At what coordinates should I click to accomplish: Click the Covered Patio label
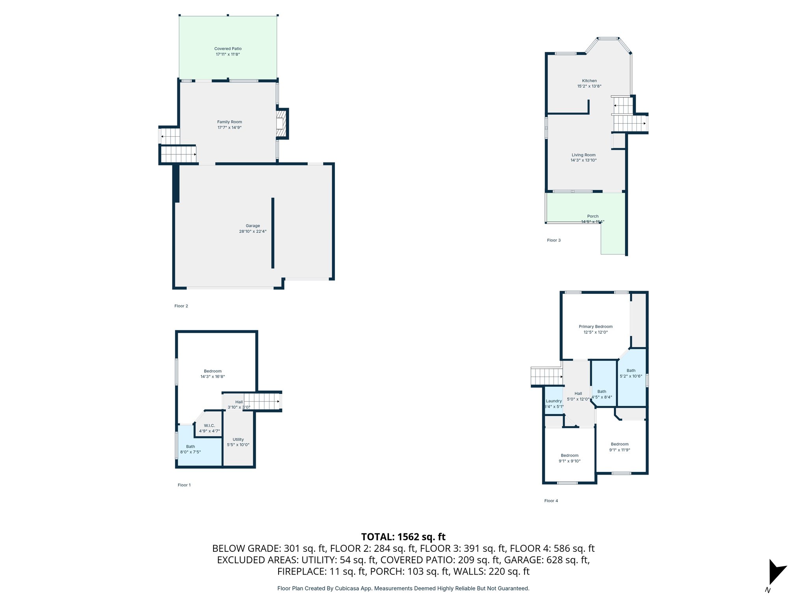(x=228, y=49)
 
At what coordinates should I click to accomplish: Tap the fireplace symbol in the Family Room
(x=281, y=124)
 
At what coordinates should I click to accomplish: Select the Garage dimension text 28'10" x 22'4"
(x=253, y=232)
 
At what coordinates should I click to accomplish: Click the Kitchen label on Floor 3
(x=589, y=81)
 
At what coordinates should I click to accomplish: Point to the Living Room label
(x=584, y=155)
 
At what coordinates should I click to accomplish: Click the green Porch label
(x=593, y=216)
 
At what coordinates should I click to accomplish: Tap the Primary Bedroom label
(x=595, y=327)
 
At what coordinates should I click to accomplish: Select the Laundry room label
(x=554, y=401)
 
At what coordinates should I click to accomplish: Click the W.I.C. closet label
(x=209, y=426)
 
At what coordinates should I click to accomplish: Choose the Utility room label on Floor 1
(x=238, y=440)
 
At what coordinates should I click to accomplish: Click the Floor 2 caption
(x=181, y=306)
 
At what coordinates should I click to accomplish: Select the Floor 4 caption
(x=551, y=501)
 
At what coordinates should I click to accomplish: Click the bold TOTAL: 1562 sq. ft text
(x=403, y=537)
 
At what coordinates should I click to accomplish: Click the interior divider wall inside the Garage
(x=273, y=233)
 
